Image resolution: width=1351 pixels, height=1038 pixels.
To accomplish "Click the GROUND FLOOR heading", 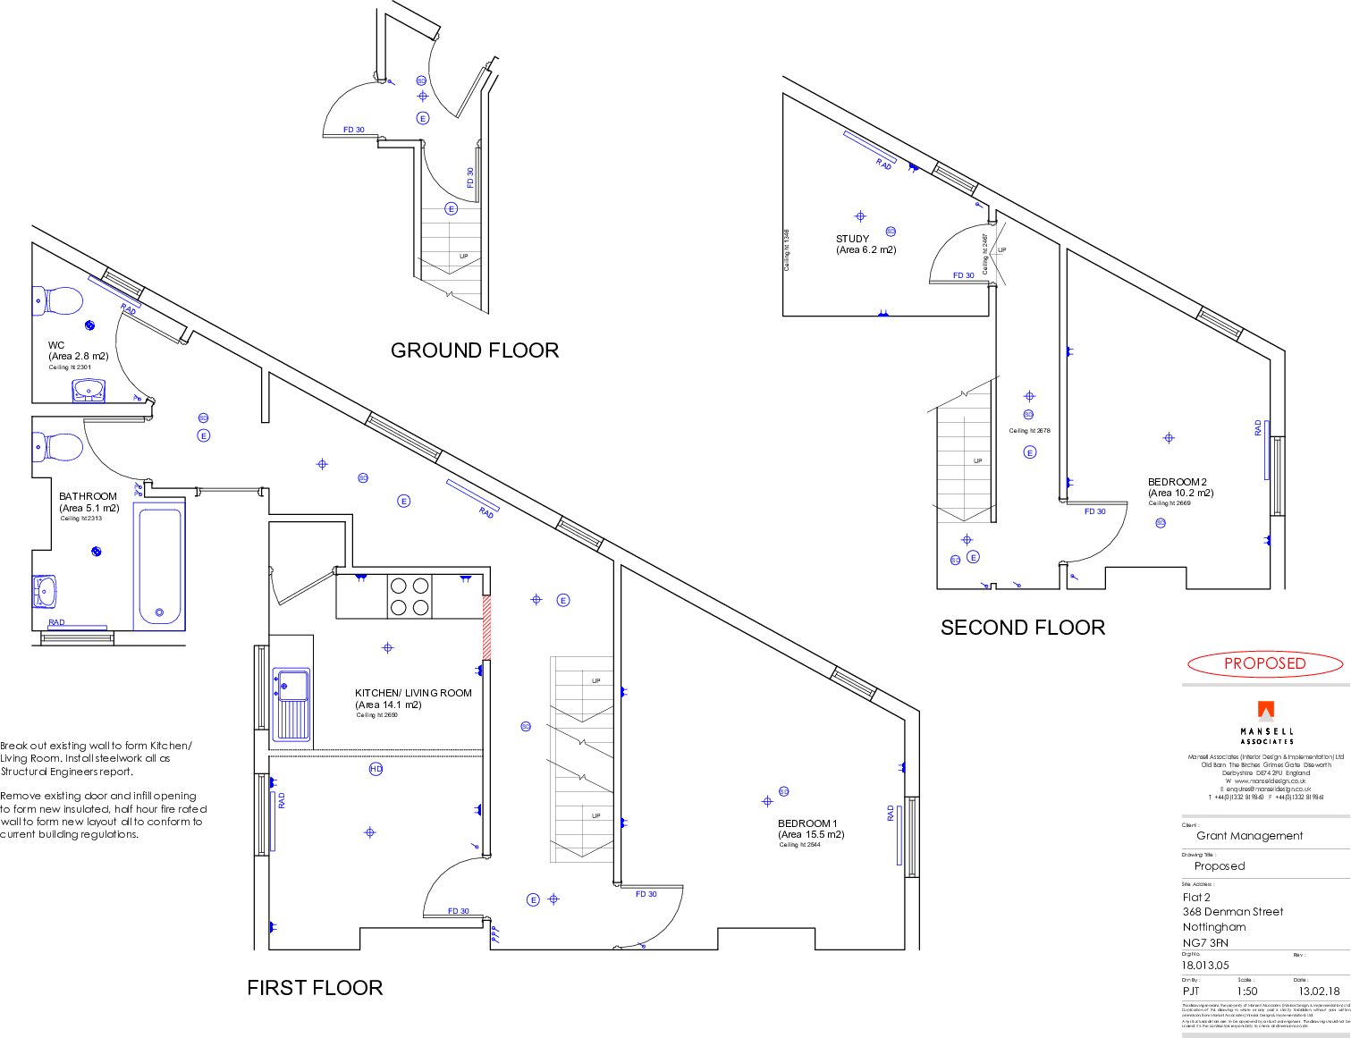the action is (475, 350).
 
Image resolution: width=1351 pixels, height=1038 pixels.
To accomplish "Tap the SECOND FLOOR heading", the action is (1022, 628).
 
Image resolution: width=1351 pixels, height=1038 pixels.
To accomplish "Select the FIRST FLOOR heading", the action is (315, 988).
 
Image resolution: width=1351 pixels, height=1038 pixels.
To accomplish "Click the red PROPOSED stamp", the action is (1264, 664).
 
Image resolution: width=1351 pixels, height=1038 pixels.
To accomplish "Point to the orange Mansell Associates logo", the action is (1266, 711).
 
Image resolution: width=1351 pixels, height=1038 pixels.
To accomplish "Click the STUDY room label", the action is (853, 240).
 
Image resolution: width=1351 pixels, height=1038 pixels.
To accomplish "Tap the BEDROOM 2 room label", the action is (1178, 482).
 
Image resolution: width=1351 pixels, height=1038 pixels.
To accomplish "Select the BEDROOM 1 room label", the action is (807, 823).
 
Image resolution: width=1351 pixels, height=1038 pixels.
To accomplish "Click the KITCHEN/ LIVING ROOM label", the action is (413, 693).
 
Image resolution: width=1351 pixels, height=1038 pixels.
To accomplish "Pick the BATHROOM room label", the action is (88, 496).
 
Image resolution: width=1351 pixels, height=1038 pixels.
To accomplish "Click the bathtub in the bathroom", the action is (159, 566).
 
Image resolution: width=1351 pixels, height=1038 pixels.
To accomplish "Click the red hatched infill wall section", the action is (487, 627).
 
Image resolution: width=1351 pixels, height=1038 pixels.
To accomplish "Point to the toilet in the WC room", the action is (58, 300).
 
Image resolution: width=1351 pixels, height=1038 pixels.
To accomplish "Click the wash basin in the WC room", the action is (88, 390).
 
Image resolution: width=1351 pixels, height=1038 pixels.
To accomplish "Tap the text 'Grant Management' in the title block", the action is (1250, 836).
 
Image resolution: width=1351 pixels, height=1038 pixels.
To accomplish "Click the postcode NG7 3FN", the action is (1205, 942).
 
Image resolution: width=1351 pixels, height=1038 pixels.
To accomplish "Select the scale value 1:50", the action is (1247, 991).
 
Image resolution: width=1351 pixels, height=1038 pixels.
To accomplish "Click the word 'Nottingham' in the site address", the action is (1213, 927).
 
